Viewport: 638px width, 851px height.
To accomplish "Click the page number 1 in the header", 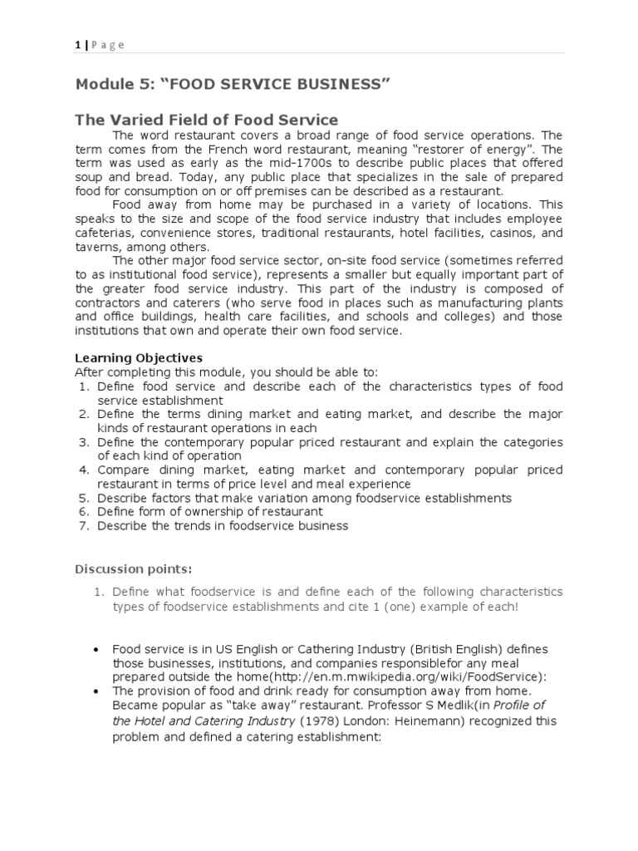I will [78, 45].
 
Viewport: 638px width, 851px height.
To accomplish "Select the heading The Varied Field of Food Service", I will [207, 121].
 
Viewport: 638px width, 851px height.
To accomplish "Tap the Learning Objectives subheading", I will [139, 357].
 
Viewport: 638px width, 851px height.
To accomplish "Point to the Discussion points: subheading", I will [134, 569].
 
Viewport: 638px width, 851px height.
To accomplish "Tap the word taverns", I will [98, 248].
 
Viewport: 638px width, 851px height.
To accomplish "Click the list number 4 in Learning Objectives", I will [84, 470].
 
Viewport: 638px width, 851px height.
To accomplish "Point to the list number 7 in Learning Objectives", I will [84, 526].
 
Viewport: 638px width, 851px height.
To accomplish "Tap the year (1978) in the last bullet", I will [318, 720].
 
